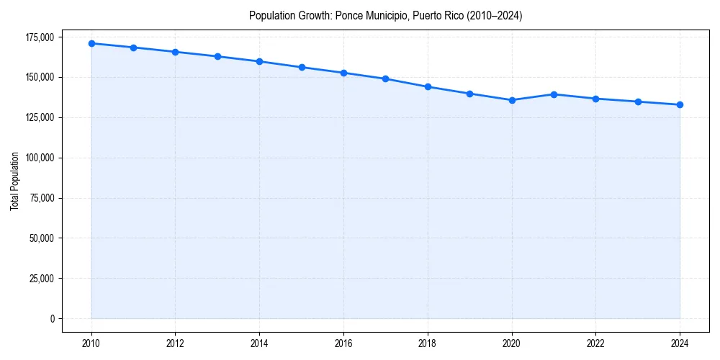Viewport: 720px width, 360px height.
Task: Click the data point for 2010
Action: click(x=91, y=43)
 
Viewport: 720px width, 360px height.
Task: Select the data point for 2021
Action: click(x=554, y=94)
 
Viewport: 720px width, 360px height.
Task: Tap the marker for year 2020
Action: click(x=512, y=100)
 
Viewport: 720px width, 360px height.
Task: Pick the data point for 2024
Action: click(x=680, y=105)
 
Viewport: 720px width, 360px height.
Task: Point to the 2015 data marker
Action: click(x=302, y=67)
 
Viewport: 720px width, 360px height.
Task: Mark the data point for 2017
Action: click(x=386, y=78)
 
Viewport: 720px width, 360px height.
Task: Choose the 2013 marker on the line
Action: click(x=217, y=56)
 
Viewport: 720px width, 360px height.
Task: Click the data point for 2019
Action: click(x=469, y=94)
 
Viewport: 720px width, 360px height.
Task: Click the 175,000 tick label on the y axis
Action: click(x=40, y=37)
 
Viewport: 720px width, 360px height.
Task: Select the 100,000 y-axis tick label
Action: click(x=40, y=158)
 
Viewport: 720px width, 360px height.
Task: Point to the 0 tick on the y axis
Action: click(x=52, y=319)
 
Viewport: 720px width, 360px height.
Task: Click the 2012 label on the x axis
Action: click(x=176, y=343)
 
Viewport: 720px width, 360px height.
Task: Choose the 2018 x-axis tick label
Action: click(x=428, y=343)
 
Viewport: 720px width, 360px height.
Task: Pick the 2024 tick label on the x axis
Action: click(x=680, y=343)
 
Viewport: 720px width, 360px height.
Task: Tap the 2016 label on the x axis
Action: click(x=343, y=343)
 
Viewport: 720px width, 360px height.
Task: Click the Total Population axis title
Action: click(x=14, y=181)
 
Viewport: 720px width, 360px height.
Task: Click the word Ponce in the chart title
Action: click(x=349, y=15)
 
